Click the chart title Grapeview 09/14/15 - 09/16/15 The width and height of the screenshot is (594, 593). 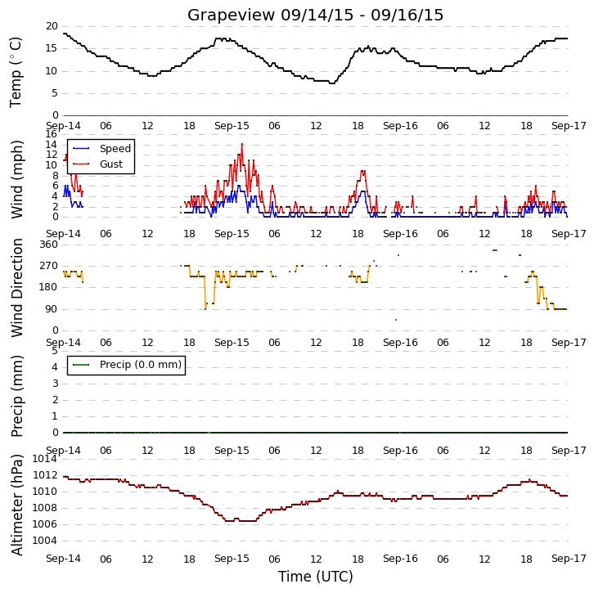click(315, 16)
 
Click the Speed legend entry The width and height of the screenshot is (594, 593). click(115, 148)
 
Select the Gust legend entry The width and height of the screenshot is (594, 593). click(111, 164)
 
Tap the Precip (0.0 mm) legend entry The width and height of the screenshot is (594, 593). click(141, 365)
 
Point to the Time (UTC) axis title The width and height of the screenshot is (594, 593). click(316, 577)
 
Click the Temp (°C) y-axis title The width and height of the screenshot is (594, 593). click(16, 72)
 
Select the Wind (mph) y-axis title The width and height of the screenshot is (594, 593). click(16, 179)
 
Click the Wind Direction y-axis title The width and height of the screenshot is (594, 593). click(16, 288)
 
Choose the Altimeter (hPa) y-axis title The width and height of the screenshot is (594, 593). click(16, 505)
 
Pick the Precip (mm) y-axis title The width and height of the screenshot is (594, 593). click(16, 396)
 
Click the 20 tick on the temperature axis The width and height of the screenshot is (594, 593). click(52, 26)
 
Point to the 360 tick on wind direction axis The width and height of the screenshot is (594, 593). click(49, 245)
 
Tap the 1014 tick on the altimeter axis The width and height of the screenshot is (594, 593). click(45, 459)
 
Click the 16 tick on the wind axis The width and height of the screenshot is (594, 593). click(51, 134)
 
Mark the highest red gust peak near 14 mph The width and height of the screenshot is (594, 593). click(242, 144)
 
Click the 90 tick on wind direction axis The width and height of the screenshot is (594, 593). click(52, 309)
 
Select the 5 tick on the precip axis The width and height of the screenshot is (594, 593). click(56, 351)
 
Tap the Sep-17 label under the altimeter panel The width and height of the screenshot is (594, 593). click(569, 559)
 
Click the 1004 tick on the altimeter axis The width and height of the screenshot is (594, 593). click(45, 541)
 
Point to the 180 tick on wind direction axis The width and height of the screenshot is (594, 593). click(49, 287)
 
